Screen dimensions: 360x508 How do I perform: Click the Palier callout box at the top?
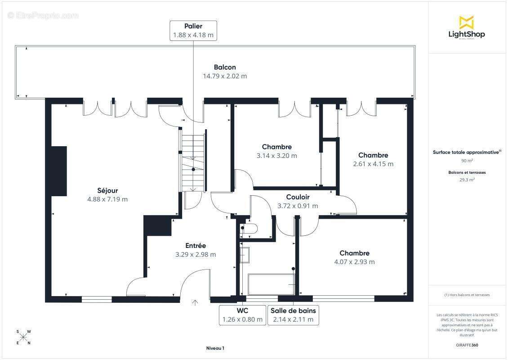click(193, 31)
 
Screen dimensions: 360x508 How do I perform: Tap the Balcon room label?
click(225, 67)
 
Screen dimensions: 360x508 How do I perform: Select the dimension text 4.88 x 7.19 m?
click(107, 199)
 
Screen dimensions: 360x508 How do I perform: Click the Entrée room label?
click(196, 246)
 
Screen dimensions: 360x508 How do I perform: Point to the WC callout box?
click(242, 315)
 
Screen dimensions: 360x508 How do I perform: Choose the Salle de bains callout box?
click(294, 315)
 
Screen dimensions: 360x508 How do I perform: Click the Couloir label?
click(298, 197)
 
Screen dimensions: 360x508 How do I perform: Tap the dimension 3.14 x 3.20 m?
click(276, 156)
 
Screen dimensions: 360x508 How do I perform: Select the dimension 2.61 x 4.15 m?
click(373, 164)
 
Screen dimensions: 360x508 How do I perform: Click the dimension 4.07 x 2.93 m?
click(354, 262)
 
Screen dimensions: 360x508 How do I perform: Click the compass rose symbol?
click(23, 337)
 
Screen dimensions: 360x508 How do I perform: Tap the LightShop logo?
click(467, 28)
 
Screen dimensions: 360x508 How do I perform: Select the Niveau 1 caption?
click(215, 348)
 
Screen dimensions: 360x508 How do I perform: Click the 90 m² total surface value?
click(467, 161)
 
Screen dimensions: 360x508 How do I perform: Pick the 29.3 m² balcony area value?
click(467, 179)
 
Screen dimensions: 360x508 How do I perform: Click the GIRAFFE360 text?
click(467, 344)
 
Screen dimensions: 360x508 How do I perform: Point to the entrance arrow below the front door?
click(195, 303)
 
